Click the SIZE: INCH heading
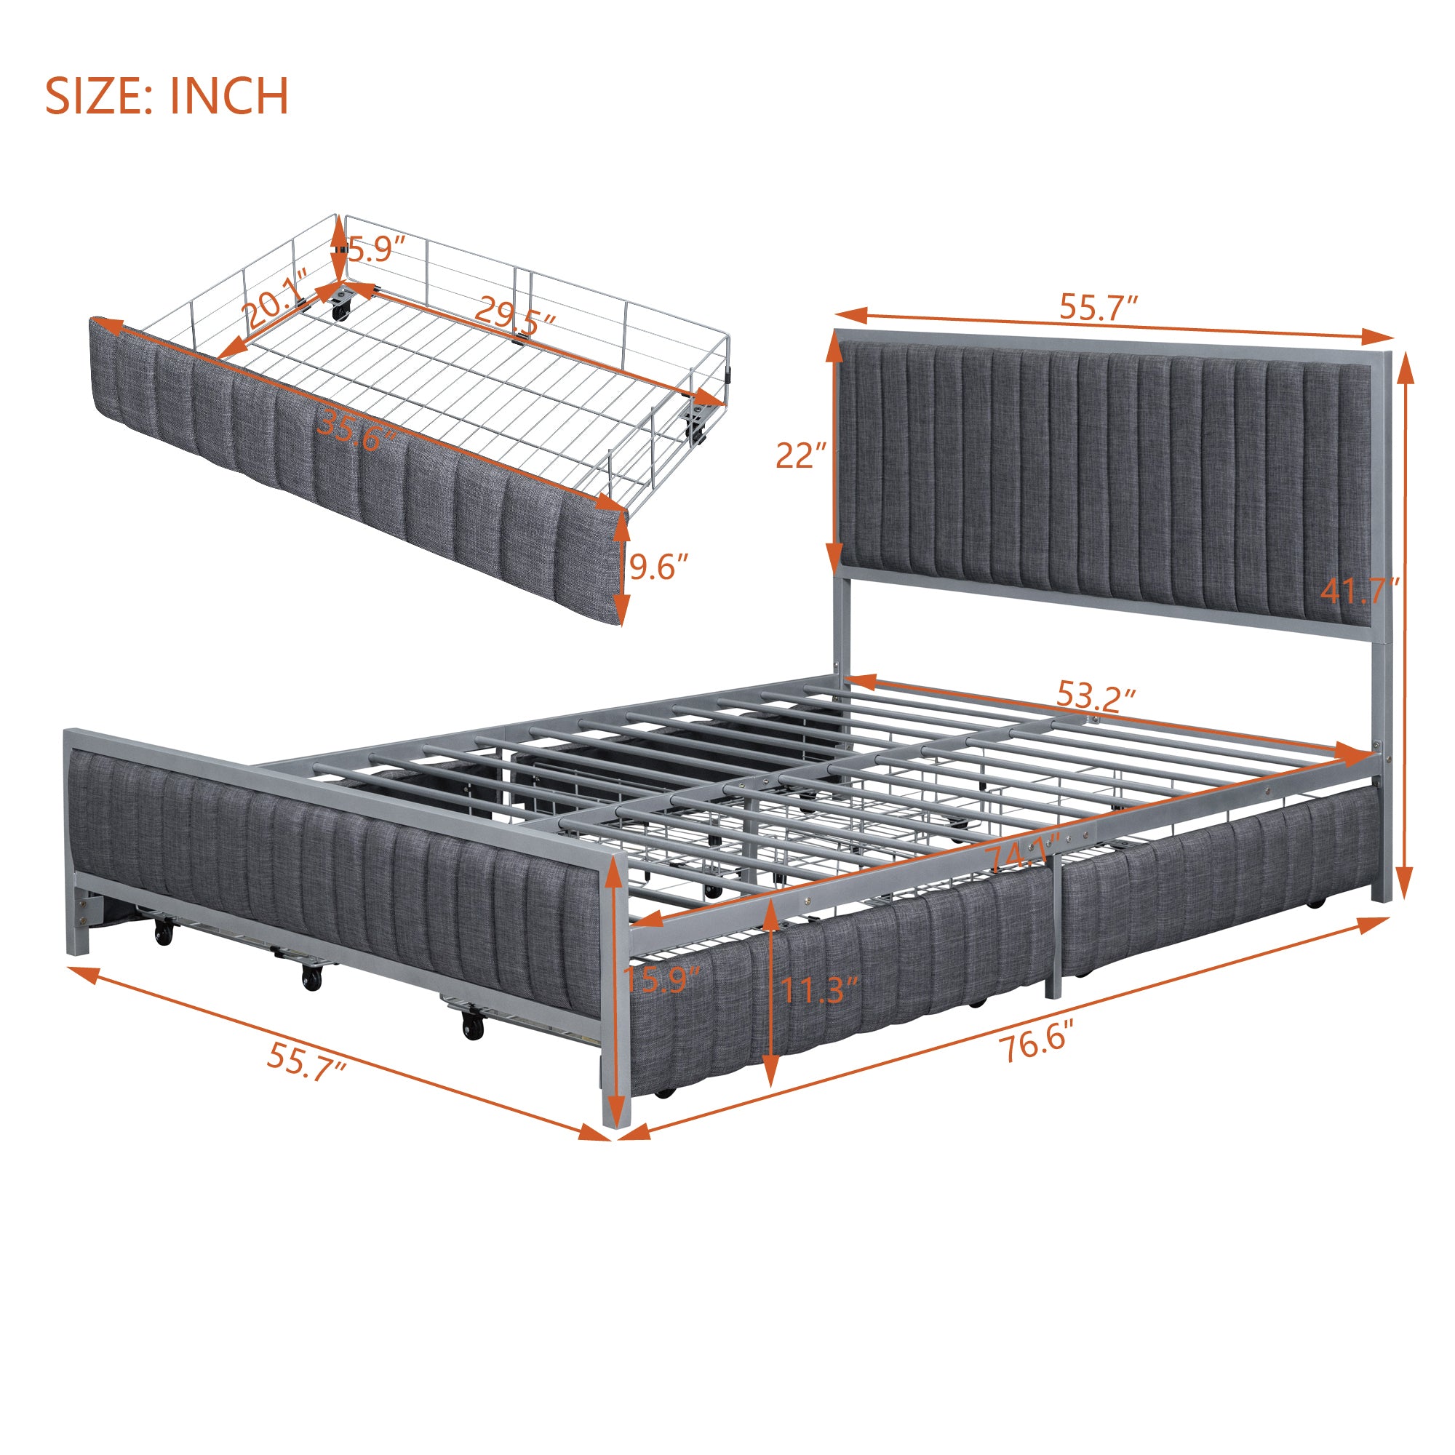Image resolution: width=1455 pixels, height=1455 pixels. [x=167, y=97]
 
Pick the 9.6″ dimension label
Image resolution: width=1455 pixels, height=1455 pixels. [x=659, y=567]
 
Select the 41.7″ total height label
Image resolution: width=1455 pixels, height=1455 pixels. [x=1360, y=591]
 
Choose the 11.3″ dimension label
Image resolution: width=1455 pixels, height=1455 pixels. [x=818, y=990]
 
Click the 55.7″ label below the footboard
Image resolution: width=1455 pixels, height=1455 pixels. [x=306, y=1064]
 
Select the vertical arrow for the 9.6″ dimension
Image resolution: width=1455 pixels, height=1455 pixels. [x=621, y=570]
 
